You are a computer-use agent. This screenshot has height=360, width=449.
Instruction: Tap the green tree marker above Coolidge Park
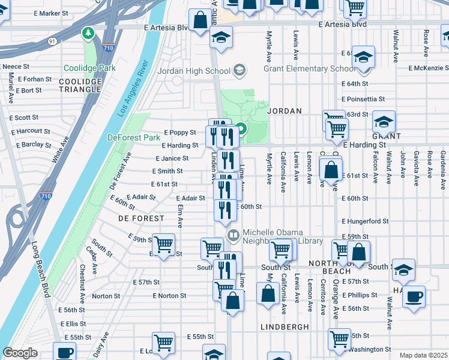coord(89,32)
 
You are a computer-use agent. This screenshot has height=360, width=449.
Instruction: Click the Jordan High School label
coord(193,71)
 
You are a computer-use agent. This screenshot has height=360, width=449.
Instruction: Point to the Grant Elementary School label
coord(309,68)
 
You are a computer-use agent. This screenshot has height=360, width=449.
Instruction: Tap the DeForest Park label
coord(133,137)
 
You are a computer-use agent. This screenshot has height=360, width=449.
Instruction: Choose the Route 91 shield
coord(52,41)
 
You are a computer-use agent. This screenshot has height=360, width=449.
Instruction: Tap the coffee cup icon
coord(414,296)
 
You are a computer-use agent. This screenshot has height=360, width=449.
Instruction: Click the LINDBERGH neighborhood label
coord(285,327)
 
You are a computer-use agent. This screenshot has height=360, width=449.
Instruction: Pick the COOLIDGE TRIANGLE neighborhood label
coord(80,85)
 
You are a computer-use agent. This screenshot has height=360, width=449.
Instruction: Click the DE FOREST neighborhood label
coord(141,218)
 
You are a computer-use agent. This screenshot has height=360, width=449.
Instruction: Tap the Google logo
coord(20,353)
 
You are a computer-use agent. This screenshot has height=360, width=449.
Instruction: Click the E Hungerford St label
coord(365,221)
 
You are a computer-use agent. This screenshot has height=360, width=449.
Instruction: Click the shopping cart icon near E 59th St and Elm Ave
coord(163,244)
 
